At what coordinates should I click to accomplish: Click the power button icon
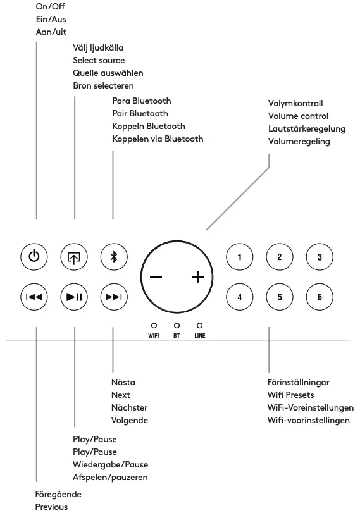tap(35, 257)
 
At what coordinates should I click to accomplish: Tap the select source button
tap(75, 257)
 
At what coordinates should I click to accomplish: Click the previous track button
tap(35, 296)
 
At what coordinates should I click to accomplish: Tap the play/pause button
tap(75, 296)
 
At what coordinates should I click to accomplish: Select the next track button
tap(114, 296)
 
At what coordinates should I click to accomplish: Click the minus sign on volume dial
tap(156, 277)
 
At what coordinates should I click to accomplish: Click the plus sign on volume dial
tap(198, 277)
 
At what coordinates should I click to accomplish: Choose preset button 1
tap(239, 257)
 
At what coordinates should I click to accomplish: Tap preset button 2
tap(279, 257)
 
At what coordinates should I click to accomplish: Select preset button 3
tap(319, 257)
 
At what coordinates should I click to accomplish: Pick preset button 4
tap(239, 296)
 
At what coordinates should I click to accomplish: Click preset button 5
tap(279, 296)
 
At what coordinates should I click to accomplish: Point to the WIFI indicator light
tap(153, 325)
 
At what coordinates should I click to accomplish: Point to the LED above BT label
tap(177, 325)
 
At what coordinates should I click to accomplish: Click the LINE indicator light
tap(199, 325)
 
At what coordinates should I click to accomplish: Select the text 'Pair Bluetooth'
tap(140, 114)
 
